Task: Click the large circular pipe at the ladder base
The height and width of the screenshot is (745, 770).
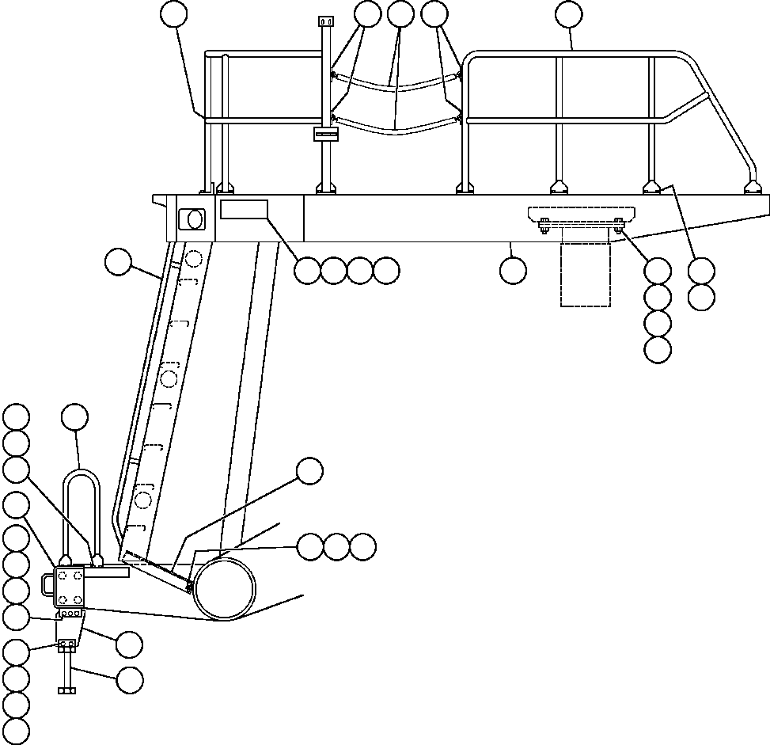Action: (225, 589)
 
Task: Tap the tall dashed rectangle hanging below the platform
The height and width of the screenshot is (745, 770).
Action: (586, 273)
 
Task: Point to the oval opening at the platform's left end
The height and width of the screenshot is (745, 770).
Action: (192, 218)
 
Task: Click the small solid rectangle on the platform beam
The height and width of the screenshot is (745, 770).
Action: (244, 210)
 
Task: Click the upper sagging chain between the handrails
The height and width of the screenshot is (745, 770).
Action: (396, 84)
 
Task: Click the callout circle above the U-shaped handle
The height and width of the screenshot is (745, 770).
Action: (75, 417)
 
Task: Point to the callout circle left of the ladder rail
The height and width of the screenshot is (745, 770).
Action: (119, 263)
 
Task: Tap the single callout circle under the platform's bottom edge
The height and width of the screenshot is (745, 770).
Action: (513, 271)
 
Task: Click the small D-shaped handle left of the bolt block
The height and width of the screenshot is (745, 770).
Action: (47, 584)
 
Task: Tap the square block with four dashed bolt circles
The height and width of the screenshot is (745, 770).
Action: (69, 586)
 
